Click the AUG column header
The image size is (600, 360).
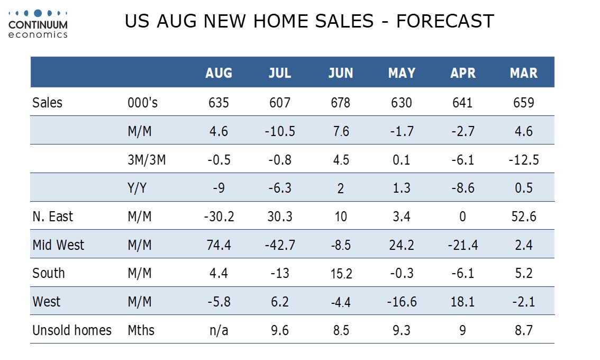(x=219, y=73)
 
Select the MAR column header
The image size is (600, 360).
(x=523, y=73)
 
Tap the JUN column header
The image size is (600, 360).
(x=341, y=73)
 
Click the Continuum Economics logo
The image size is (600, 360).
(x=38, y=24)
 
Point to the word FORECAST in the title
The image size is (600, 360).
(x=445, y=21)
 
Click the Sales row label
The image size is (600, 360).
(x=47, y=103)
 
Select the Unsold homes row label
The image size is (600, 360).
(x=72, y=330)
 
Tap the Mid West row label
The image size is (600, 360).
(x=58, y=245)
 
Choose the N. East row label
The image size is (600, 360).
(x=53, y=217)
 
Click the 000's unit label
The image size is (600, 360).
(x=142, y=103)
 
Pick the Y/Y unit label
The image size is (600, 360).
(x=137, y=188)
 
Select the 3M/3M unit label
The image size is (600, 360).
(x=147, y=160)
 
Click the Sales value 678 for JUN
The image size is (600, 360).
(x=341, y=103)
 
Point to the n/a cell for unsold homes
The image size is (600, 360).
(x=219, y=330)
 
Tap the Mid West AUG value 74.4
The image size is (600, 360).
(x=219, y=245)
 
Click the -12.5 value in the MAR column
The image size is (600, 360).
(x=523, y=160)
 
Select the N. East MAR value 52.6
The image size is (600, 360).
(x=523, y=217)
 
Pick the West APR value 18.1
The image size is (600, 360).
(x=462, y=302)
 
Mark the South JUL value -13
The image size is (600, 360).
(x=280, y=274)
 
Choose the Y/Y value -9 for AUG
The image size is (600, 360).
(x=219, y=188)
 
